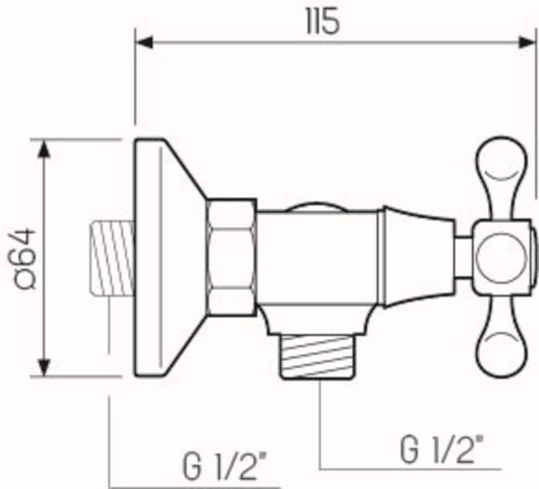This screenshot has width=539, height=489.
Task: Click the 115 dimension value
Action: pos(323,22)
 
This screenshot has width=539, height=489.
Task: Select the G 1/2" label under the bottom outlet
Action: pos(444,448)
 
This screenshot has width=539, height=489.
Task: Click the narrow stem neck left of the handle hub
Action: pos(463,258)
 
